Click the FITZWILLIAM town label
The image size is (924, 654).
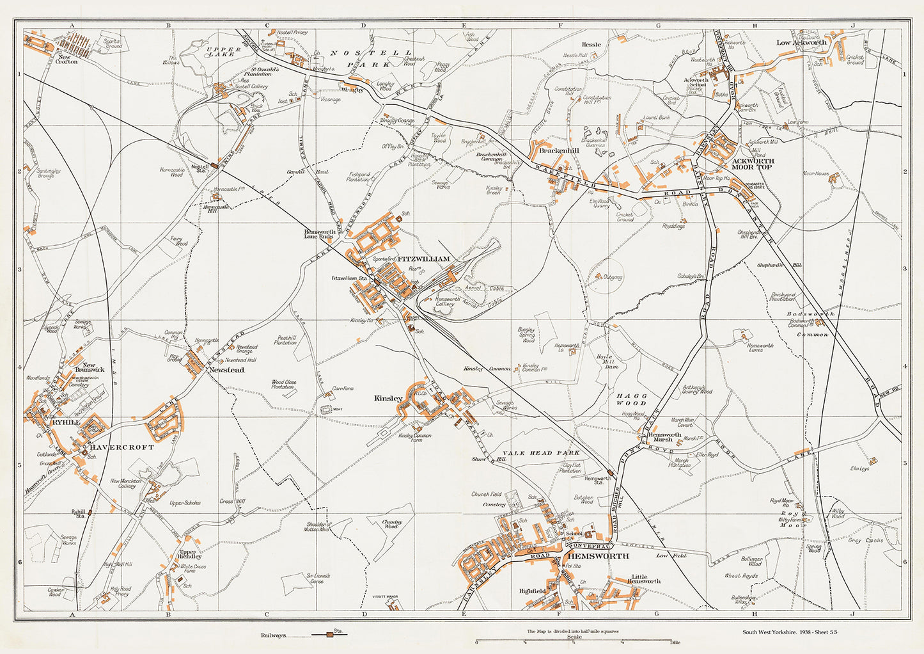click(424, 259)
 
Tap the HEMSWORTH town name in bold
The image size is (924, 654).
click(598, 557)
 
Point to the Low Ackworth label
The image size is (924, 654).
click(801, 42)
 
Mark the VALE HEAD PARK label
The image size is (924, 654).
click(531, 452)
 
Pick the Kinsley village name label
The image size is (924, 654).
click(388, 398)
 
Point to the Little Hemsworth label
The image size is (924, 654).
click(647, 580)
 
